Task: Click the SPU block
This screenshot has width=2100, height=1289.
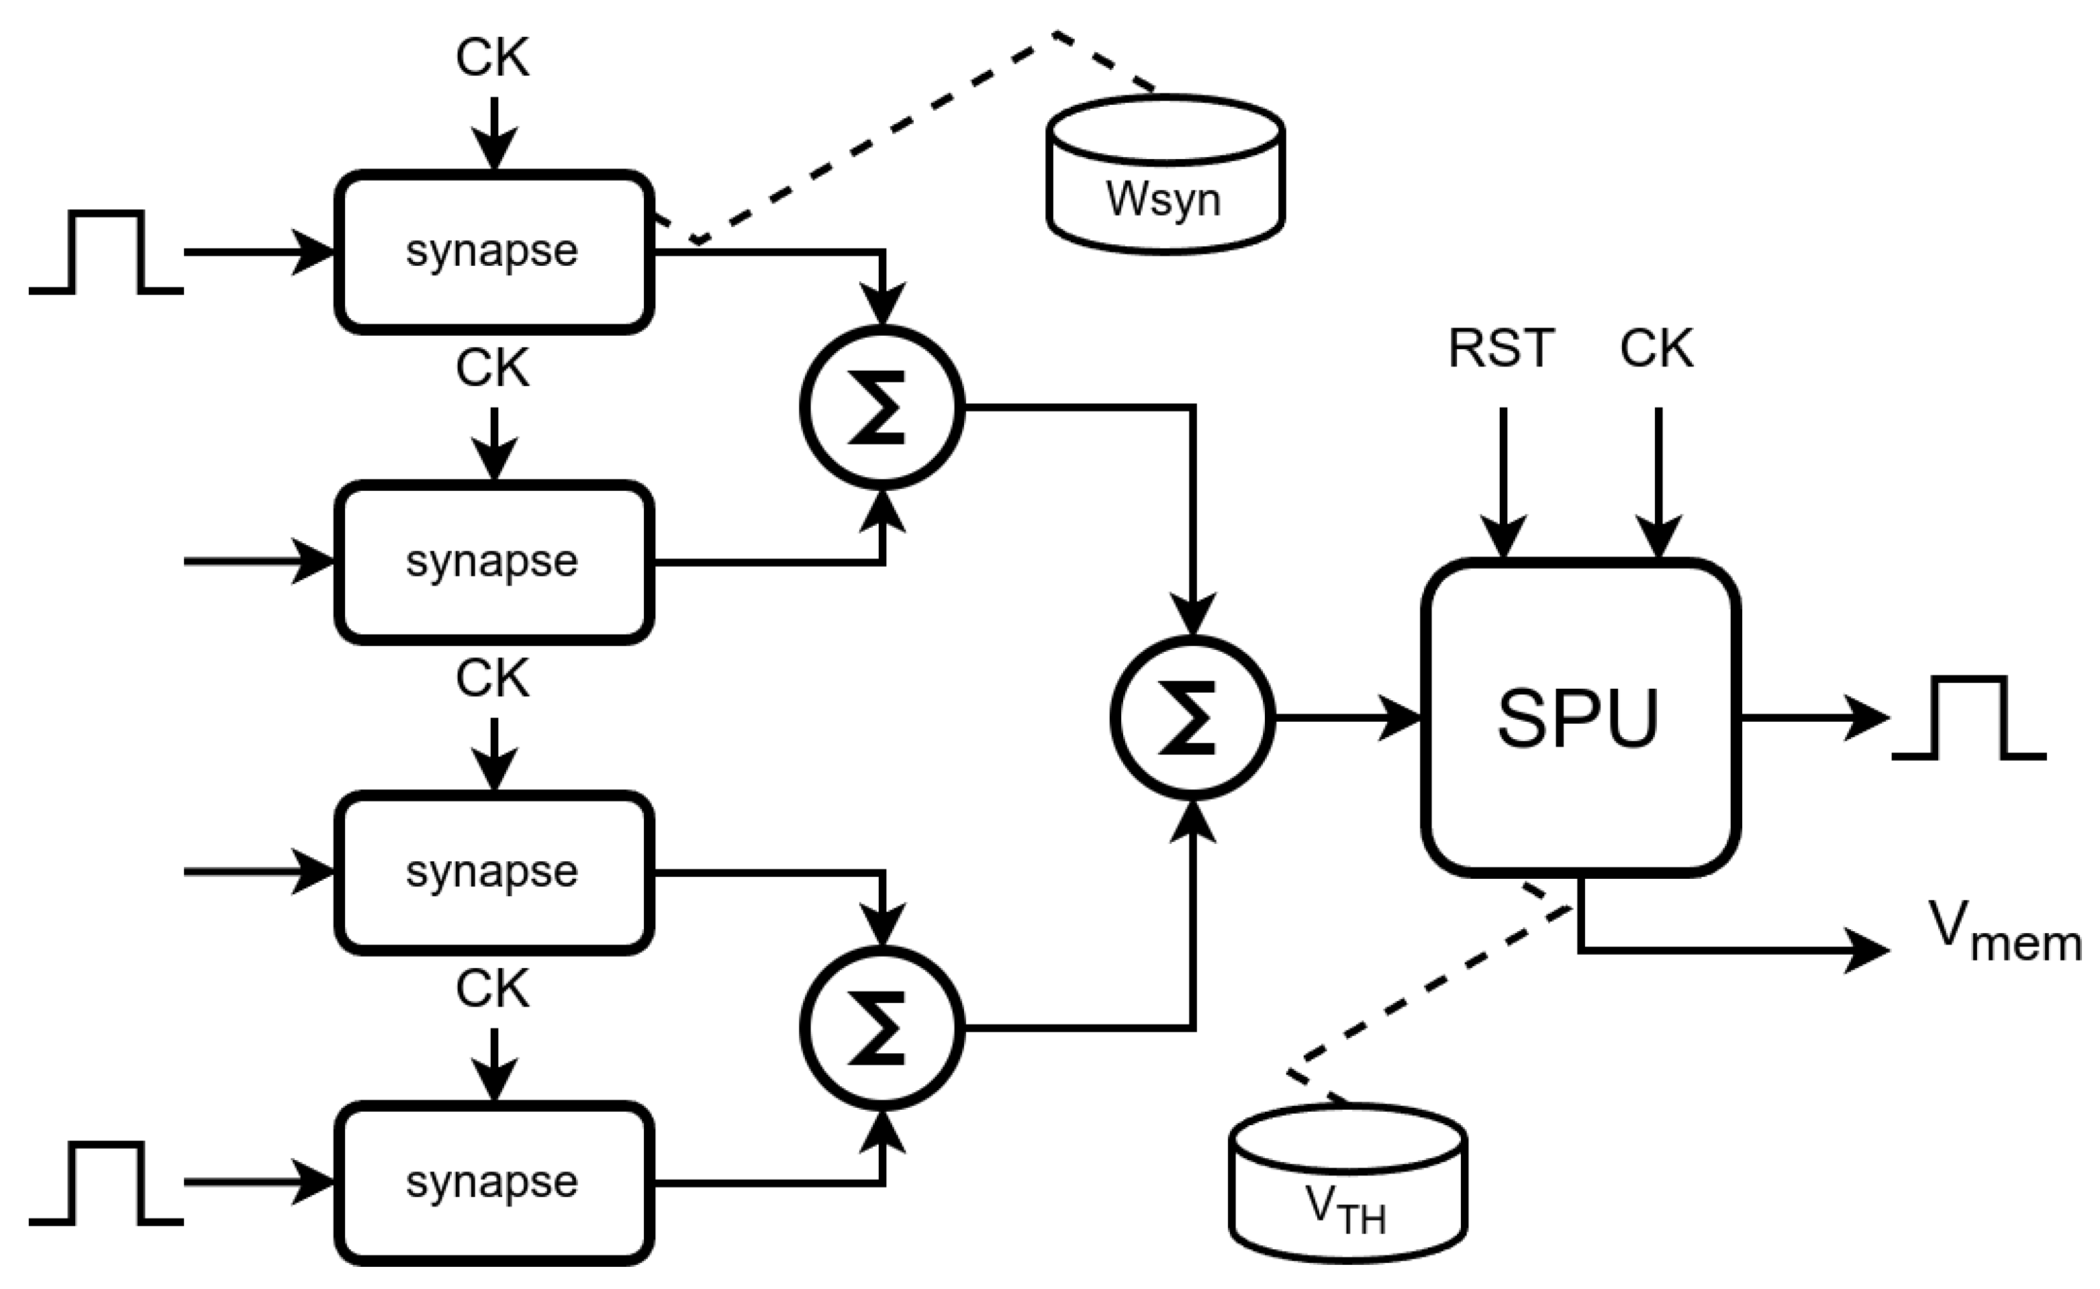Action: coord(1581,718)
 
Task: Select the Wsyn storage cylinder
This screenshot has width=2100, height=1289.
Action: coord(1165,174)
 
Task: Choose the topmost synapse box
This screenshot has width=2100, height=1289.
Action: coord(494,252)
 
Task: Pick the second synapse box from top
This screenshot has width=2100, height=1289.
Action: coord(494,562)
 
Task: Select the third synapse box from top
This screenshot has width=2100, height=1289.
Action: coord(494,872)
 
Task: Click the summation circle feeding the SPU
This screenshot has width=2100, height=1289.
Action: coord(1192,718)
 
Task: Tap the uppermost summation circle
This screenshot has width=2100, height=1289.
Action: coord(882,408)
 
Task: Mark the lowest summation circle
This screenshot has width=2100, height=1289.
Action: coord(882,1028)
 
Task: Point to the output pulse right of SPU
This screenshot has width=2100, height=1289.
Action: coord(1968,718)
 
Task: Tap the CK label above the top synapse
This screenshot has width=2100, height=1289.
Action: coord(493,58)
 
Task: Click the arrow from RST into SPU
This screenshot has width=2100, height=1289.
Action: coord(1502,483)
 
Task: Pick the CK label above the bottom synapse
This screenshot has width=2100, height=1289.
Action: coord(493,989)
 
